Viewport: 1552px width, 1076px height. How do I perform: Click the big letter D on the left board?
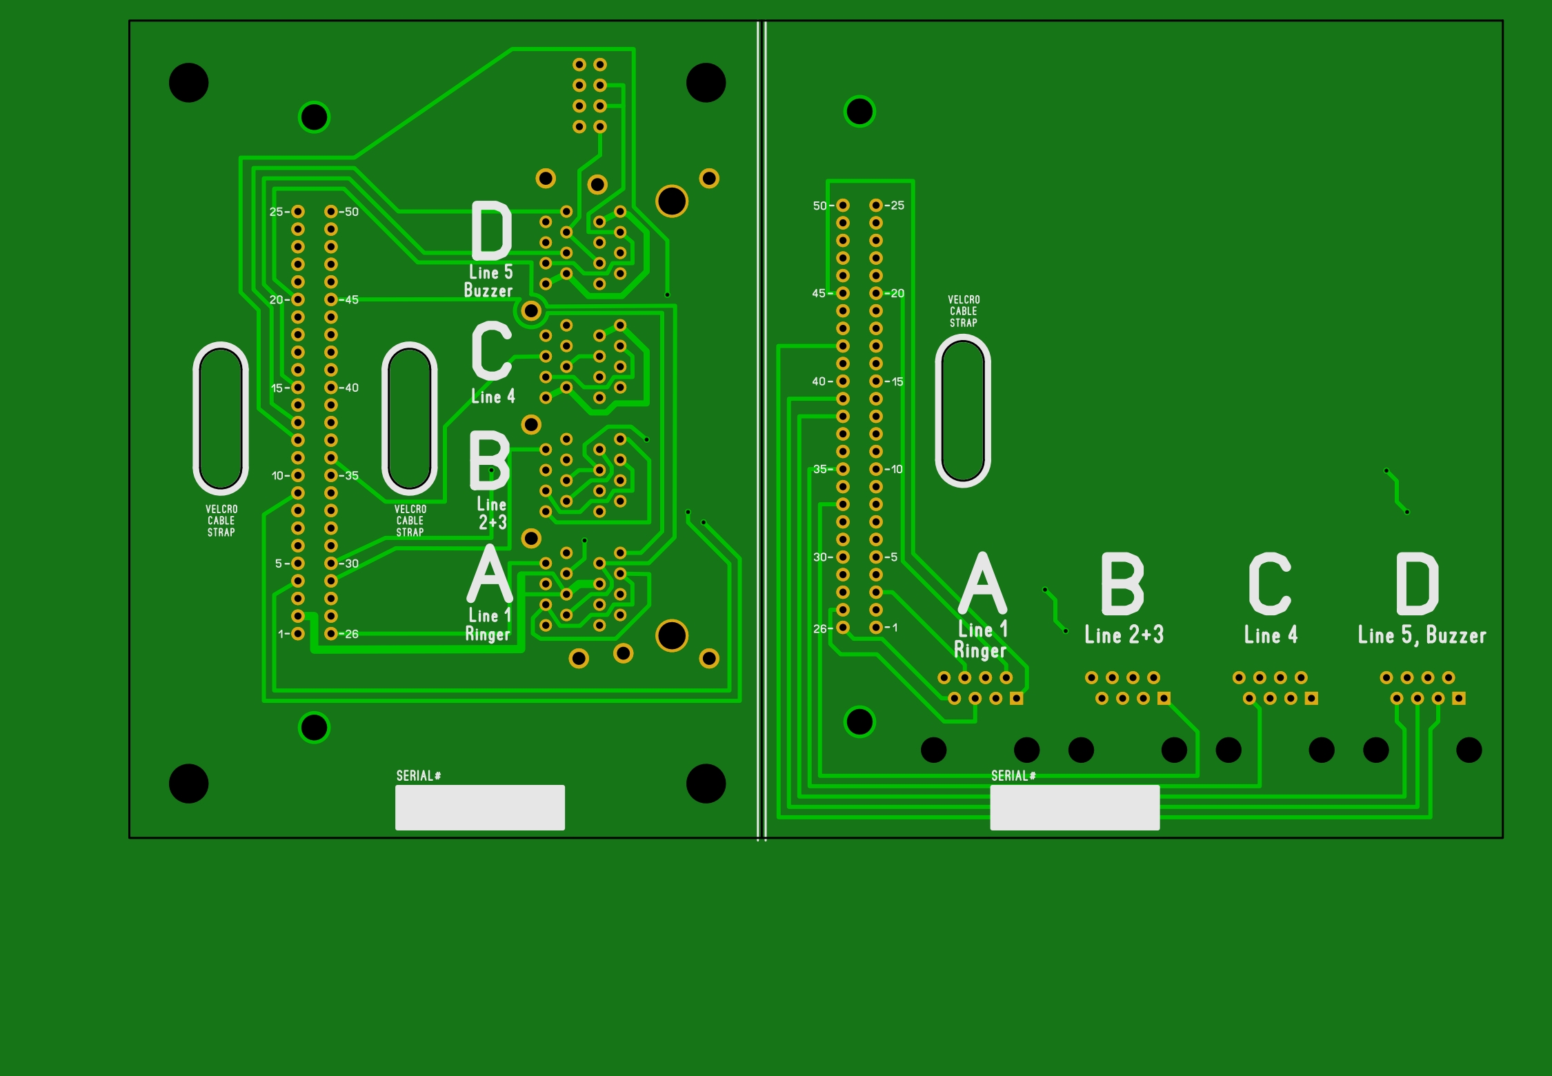click(x=491, y=230)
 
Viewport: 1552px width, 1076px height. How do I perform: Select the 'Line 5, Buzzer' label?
click(x=1422, y=635)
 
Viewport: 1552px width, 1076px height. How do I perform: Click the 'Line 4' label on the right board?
click(x=1271, y=635)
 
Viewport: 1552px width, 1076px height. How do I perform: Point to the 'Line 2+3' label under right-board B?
click(x=1124, y=635)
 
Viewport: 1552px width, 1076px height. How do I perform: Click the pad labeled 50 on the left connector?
click(x=331, y=212)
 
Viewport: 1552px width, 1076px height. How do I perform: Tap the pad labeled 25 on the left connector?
click(x=298, y=212)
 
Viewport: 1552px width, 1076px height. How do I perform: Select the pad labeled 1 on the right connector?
click(x=876, y=628)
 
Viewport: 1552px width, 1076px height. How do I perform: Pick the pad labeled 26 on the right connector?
click(x=843, y=628)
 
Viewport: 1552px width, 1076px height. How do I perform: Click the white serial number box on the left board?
click(x=479, y=807)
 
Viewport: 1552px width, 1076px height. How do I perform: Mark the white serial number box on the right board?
click(x=1075, y=807)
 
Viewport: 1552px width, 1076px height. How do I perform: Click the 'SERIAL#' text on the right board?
click(x=1013, y=776)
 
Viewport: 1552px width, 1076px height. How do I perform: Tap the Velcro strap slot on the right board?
click(x=963, y=411)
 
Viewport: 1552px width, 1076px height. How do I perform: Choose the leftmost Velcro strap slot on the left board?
click(x=221, y=418)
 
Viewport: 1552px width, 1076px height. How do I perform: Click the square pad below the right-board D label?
click(x=1459, y=699)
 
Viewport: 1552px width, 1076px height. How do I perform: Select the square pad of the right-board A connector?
click(x=1016, y=699)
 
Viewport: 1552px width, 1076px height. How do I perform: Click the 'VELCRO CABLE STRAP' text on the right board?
click(x=964, y=311)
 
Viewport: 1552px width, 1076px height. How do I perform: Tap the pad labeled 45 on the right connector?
click(x=843, y=293)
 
